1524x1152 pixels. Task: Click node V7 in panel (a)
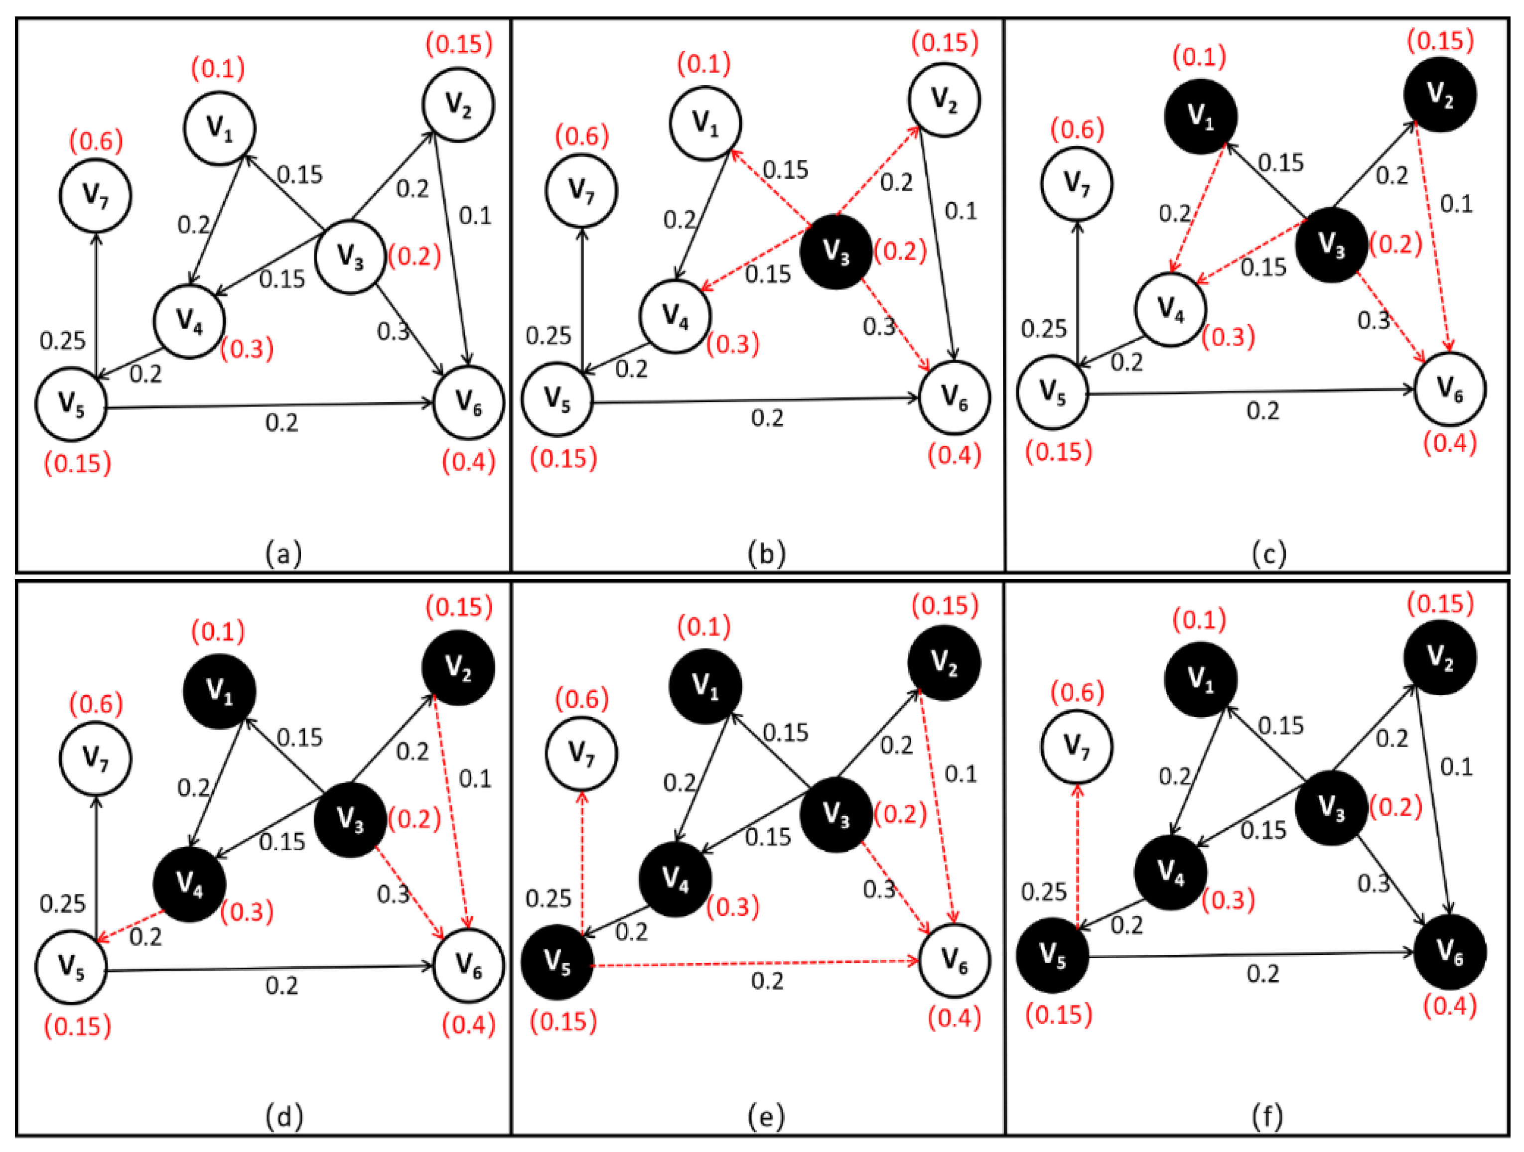pyautogui.click(x=95, y=196)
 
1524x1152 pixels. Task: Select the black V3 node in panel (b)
pyautogui.click(x=835, y=252)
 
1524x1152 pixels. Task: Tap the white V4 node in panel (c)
pyautogui.click(x=1170, y=308)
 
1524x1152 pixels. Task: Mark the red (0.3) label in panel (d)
pyautogui.click(x=247, y=911)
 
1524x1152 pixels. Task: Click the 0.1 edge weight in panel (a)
pyautogui.click(x=475, y=216)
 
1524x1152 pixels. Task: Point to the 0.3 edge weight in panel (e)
pyautogui.click(x=879, y=889)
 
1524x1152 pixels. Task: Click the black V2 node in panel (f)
pyautogui.click(x=1439, y=656)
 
